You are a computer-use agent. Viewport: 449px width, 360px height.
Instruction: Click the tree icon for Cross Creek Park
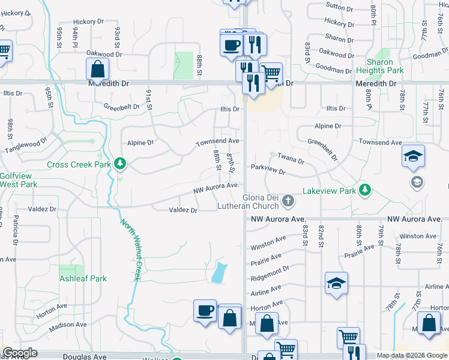coord(121,163)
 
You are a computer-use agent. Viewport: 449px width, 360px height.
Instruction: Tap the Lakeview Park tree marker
coord(364,191)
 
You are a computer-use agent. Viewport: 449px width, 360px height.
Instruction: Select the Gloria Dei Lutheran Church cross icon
coord(289,200)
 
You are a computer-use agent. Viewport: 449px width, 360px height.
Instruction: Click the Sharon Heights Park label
coord(384,66)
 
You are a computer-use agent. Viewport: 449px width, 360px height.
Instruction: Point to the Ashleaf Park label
coord(83,278)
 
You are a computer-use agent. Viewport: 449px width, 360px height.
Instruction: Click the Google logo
coord(20,353)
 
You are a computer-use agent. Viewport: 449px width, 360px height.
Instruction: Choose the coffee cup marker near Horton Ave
coord(205,310)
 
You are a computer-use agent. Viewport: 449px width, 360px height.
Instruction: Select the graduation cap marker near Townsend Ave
coord(414,157)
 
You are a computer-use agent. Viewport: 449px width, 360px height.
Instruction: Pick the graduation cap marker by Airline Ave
coord(336,283)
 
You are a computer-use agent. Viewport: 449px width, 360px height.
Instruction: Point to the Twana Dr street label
coord(291,158)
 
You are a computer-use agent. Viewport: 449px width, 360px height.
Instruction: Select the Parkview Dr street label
coord(268,169)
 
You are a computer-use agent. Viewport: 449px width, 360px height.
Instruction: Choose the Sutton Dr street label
coord(339,7)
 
